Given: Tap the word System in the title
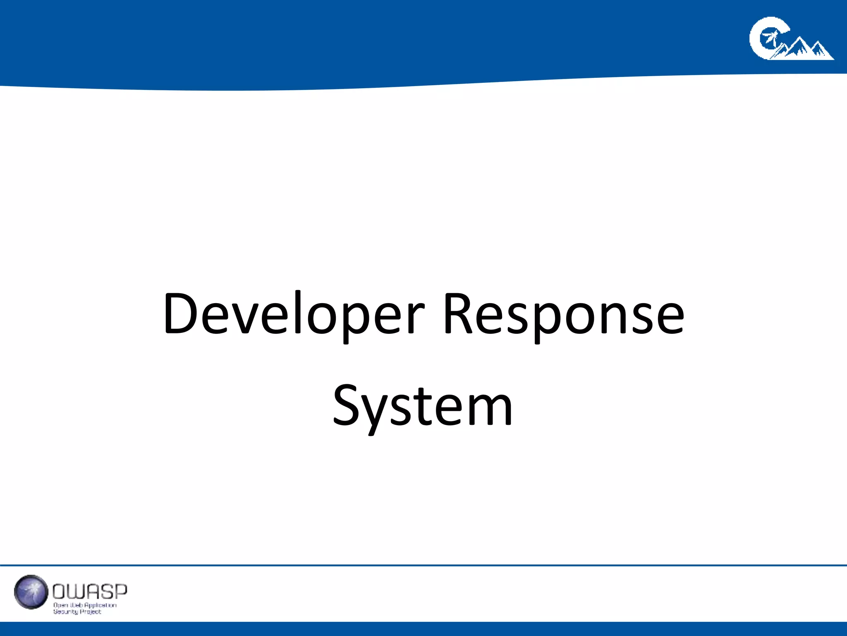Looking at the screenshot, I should click(x=423, y=406).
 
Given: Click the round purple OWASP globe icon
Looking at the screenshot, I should click(x=31, y=592).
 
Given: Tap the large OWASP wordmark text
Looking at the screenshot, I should click(x=90, y=592).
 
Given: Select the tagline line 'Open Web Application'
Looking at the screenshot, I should click(x=85, y=605).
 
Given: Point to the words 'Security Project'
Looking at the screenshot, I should click(x=77, y=612).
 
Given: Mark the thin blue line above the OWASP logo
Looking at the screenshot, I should click(x=423, y=565).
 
